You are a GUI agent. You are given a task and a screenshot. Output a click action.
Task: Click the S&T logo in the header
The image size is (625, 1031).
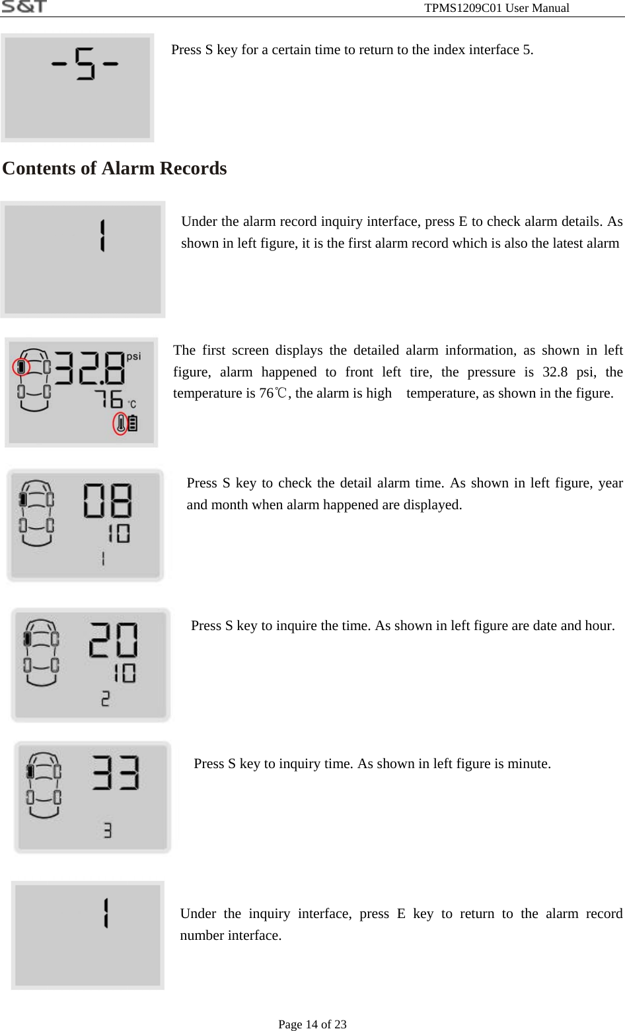pos(24,7)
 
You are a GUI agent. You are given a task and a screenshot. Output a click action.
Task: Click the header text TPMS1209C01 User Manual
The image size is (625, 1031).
pos(496,8)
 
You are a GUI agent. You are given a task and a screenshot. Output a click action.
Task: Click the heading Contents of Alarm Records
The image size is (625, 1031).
pos(114,168)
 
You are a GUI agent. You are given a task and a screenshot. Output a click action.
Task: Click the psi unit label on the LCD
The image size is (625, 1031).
pos(133,357)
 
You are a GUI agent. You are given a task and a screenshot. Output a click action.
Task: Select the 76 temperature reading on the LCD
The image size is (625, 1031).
pos(108,399)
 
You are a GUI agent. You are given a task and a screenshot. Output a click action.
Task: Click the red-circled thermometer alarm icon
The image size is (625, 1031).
pos(120,423)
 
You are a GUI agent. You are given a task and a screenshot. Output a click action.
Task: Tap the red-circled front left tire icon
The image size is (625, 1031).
pos(22,367)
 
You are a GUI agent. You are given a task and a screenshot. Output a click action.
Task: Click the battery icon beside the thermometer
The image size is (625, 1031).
pos(133,423)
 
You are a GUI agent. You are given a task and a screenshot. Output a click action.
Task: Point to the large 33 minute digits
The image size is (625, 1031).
pos(116,773)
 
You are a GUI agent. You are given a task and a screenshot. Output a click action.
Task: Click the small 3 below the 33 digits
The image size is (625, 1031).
pos(108,830)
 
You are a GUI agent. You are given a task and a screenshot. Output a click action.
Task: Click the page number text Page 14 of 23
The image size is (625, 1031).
pos(312,1024)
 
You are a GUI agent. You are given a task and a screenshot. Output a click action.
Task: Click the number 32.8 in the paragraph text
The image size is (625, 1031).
pos(555,372)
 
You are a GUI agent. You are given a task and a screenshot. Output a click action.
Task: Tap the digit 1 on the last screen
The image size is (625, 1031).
pos(105,913)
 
